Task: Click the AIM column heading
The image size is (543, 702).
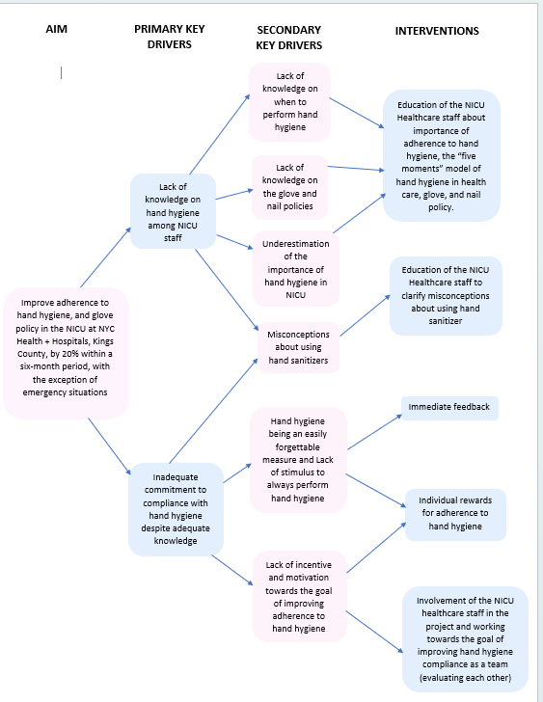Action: (56, 29)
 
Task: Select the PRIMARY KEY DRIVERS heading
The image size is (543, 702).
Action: (169, 37)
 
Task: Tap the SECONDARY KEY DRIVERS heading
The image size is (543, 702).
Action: (288, 38)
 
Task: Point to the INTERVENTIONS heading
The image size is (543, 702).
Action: (437, 31)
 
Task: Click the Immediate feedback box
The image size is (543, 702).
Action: (449, 408)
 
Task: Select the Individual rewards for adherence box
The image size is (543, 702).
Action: (455, 514)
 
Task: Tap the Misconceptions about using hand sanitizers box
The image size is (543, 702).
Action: (298, 347)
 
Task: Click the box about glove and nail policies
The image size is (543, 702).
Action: (289, 187)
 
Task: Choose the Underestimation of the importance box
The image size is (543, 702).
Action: (295, 269)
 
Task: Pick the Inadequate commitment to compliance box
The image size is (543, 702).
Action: (176, 509)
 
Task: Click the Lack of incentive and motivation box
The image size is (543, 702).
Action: (299, 596)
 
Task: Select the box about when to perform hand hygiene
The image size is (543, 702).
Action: (289, 101)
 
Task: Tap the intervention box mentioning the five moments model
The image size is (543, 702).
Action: (441, 156)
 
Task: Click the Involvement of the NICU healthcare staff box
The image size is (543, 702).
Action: (465, 639)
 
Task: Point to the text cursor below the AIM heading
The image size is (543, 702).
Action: (62, 72)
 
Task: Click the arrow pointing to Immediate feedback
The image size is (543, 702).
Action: (374, 432)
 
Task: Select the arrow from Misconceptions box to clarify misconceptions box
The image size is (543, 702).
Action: (365, 315)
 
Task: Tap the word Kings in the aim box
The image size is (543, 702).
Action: (103, 341)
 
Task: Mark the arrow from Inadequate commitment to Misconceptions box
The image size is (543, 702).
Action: (213, 411)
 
